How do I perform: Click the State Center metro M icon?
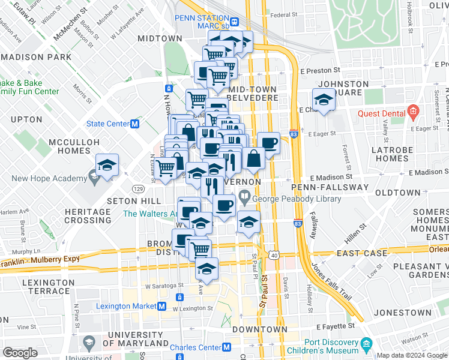(135, 124)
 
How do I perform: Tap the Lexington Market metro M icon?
(161, 306)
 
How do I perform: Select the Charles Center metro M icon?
(227, 347)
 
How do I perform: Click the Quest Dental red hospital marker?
(413, 111)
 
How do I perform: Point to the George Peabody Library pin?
(245, 196)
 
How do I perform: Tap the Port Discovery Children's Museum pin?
(366, 344)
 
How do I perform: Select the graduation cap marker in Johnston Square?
(324, 100)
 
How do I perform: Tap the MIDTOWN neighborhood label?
(160, 38)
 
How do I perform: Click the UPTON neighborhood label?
(26, 119)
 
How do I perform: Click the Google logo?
(20, 353)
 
